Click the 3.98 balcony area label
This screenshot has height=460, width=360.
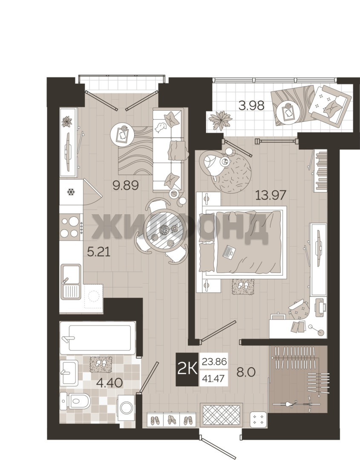coord(251,105)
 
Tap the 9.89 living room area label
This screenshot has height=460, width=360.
coord(126,185)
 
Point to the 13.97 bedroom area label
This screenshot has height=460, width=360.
coord(271,195)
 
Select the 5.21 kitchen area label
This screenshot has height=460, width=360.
coord(99,251)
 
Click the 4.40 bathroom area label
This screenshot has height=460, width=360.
coord(109,383)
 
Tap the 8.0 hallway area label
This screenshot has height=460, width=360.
coord(246,372)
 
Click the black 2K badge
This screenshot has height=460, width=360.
coord(187,369)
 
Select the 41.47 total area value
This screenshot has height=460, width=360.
coord(213,379)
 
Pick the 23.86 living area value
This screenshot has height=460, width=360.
coord(214,361)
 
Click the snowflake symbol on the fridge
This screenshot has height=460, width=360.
coord(71,192)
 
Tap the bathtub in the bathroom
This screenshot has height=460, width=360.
coord(98,338)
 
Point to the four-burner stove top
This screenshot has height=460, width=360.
coord(70,227)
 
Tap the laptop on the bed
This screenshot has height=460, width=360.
coord(229,251)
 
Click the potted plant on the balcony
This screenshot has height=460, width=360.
coord(220,120)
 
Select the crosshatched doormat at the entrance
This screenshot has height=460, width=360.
coord(222,415)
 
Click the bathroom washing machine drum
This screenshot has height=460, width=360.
coord(127,408)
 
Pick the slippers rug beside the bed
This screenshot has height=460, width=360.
coord(243,286)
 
